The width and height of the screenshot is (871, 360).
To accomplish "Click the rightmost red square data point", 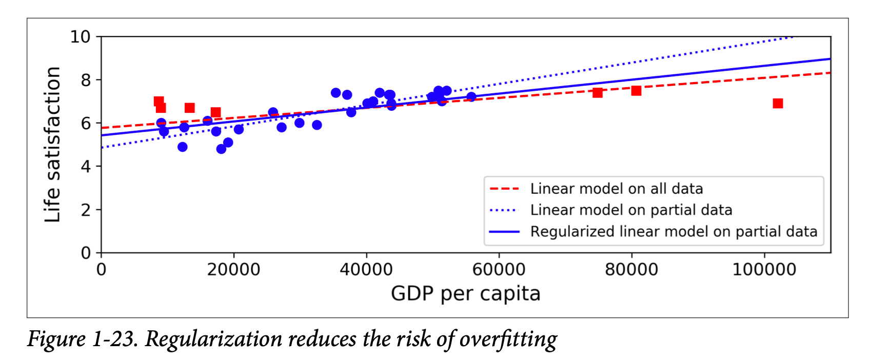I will tap(778, 104).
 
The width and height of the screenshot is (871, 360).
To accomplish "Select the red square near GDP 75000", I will tap(598, 93).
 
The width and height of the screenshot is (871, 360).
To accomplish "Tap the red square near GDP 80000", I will tap(636, 91).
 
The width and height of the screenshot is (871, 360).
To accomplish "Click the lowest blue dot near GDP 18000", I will tap(221, 149).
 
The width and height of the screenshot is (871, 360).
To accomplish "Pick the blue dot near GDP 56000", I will tap(471, 97).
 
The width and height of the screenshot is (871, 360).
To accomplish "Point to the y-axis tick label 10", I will tap(80, 37).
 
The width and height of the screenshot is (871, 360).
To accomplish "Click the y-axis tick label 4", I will tap(86, 167).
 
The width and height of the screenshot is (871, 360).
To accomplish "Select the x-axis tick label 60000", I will tap(499, 270).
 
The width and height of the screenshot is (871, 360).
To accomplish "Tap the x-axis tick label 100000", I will tap(764, 270).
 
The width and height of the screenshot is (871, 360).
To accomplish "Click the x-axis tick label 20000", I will tap(233, 270).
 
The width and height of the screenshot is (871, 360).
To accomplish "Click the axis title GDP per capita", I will tap(465, 294).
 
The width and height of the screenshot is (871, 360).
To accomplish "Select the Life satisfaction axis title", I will tap(52, 145).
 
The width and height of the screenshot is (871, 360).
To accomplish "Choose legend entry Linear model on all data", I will tap(616, 189).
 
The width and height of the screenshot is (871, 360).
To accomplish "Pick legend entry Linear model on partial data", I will tap(631, 210).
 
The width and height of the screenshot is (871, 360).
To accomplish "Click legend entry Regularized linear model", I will tap(673, 232).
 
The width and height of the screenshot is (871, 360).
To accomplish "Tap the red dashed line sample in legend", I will tap(505, 189).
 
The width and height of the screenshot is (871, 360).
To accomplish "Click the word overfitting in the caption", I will tap(508, 339).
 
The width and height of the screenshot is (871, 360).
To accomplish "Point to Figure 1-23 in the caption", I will tap(82, 339).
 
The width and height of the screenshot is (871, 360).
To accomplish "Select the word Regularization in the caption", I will tap(213, 339).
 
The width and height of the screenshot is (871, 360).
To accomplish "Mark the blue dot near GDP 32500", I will tap(316, 125).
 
